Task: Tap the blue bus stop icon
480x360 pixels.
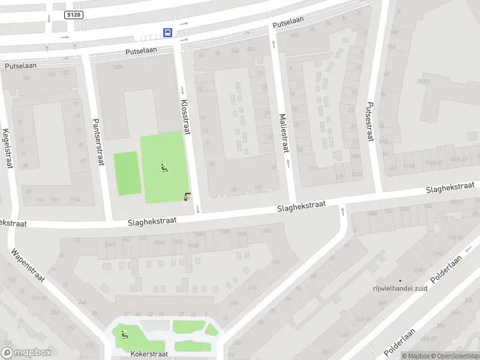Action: (x=169, y=32)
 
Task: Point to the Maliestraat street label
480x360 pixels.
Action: (x=283, y=133)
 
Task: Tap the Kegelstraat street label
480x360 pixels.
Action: (x=7, y=148)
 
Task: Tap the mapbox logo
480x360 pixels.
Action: (x=26, y=353)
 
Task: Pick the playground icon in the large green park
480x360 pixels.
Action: (x=164, y=168)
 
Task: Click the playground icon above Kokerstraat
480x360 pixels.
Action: (x=125, y=335)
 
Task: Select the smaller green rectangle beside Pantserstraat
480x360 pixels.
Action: (x=126, y=173)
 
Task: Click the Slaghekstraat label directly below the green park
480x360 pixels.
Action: (x=152, y=221)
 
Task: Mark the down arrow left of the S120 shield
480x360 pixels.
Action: (x=49, y=17)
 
